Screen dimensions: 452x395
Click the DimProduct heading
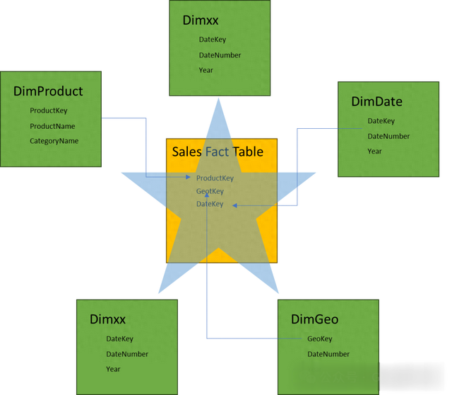48,91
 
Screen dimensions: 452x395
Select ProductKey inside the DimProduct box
49,110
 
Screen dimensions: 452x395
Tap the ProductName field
52,126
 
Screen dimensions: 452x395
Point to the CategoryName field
54,141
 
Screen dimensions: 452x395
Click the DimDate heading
376,102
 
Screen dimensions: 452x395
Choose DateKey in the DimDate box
381,121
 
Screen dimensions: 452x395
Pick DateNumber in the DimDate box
388,137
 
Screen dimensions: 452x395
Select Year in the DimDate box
374,151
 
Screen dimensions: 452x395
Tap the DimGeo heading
314,319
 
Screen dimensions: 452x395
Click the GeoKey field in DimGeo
320,338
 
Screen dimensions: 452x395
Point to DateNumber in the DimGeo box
328,354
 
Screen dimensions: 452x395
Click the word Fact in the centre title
217,151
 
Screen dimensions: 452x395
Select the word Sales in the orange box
186,151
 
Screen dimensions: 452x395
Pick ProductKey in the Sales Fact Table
215,178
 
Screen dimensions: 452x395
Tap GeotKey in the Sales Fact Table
210,191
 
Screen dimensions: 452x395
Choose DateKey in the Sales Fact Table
210,204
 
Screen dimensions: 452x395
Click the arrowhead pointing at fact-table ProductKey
189,177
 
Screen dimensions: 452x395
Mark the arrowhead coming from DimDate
234,205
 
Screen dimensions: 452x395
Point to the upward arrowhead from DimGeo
207,195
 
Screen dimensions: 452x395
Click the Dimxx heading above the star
201,21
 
